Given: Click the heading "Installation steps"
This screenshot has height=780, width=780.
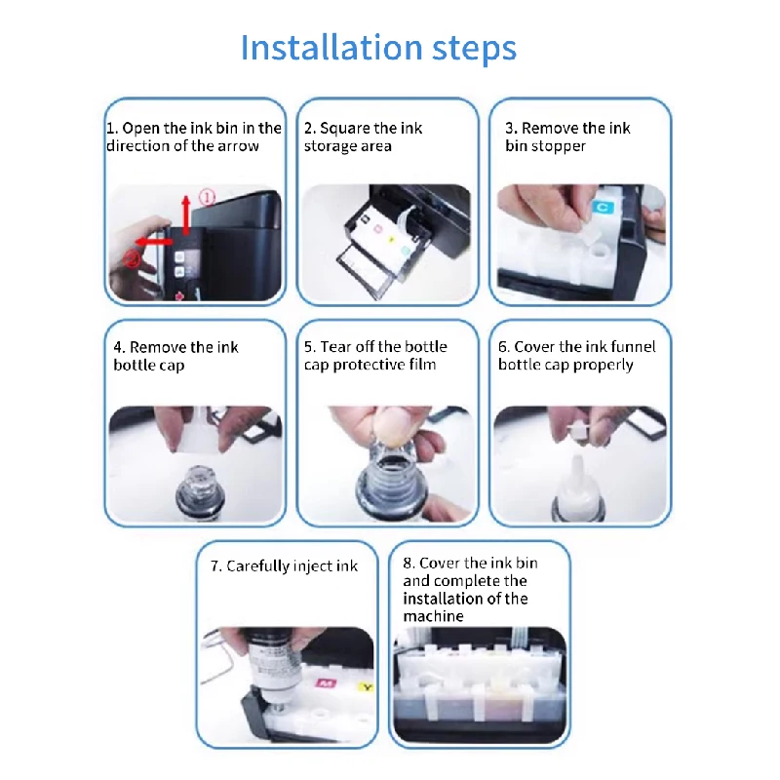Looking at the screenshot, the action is click(x=378, y=48).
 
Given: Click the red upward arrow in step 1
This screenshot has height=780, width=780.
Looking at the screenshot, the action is click(x=186, y=214).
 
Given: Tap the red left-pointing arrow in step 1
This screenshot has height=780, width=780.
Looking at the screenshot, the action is click(x=153, y=242).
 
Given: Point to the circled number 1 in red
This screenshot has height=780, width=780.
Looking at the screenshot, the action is click(x=207, y=198).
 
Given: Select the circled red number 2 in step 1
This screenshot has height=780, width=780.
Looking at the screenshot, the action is click(x=133, y=258).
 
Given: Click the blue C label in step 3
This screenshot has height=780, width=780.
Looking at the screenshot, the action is click(x=603, y=207).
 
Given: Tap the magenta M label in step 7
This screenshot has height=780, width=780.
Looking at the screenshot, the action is click(x=326, y=682).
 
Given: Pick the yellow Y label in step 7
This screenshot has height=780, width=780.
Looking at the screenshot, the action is click(x=367, y=687).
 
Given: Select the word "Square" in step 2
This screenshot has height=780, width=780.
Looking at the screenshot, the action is click(x=342, y=129).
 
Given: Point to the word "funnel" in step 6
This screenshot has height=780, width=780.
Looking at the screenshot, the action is click(x=633, y=346).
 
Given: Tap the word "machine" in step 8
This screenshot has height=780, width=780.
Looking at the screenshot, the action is click(x=433, y=616).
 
